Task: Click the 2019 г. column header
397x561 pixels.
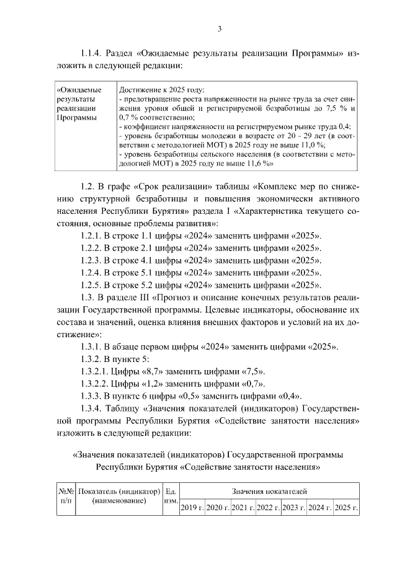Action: point(192,508)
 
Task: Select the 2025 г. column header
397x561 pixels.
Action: point(346,508)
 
